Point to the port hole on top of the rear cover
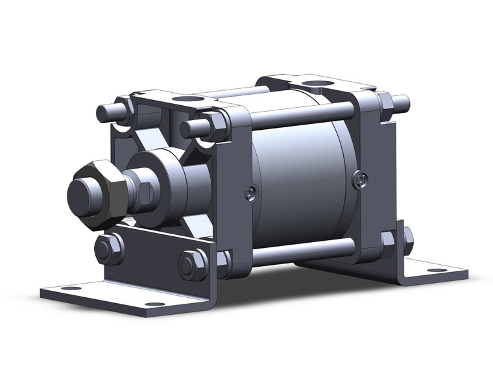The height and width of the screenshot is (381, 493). [x=317, y=83]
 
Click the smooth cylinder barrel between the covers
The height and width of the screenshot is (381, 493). [x=298, y=175]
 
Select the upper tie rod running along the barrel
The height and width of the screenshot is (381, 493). [x=298, y=115]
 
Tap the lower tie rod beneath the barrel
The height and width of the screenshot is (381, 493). [x=302, y=251]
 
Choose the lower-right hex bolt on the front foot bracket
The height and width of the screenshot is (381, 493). [x=193, y=264]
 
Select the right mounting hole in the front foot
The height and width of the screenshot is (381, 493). [x=154, y=304]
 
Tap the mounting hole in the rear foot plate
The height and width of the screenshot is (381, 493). [x=436, y=269]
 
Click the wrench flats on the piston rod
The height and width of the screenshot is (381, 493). [x=144, y=193]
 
